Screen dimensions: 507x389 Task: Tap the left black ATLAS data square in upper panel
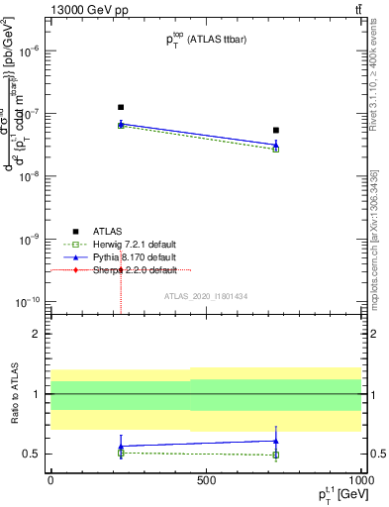[x=121, y=107]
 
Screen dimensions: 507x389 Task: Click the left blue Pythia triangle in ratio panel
[x=121, y=447]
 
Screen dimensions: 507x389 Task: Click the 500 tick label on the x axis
[x=206, y=479]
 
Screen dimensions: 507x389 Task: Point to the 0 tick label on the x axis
[x=50, y=479]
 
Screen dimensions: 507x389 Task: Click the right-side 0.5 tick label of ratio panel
[x=376, y=455]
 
